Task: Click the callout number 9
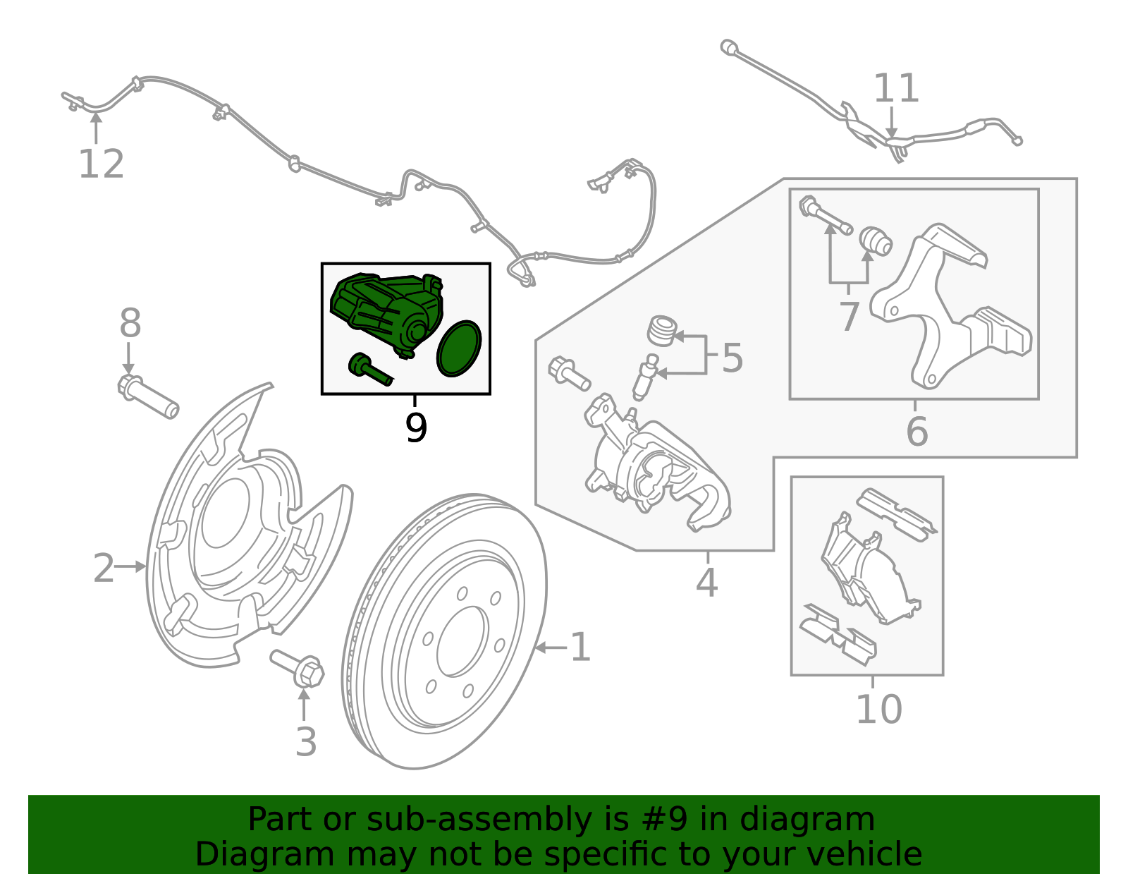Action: click(416, 427)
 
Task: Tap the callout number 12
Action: click(101, 164)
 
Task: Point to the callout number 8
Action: click(130, 324)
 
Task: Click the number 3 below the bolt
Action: click(305, 742)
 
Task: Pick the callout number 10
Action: click(878, 710)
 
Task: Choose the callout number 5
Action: click(732, 358)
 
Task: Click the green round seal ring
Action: click(459, 348)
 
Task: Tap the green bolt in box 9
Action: click(369, 369)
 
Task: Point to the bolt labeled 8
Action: click(148, 397)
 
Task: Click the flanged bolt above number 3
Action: click(299, 667)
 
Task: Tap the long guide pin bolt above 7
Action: click(826, 217)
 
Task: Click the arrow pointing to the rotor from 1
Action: click(551, 647)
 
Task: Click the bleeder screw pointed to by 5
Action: click(645, 379)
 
